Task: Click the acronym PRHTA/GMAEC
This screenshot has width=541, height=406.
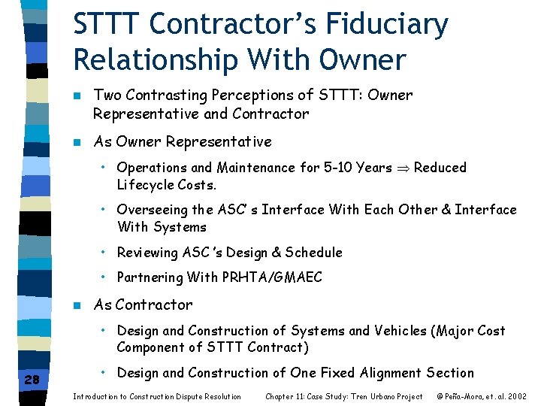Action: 272,277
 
